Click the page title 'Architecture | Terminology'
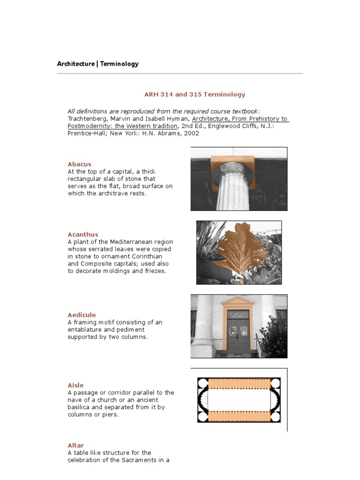(97, 64)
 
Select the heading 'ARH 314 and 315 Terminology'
(195, 94)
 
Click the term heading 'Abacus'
(79, 164)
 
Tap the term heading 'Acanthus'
(83, 234)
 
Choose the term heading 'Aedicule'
(82, 315)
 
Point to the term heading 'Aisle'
(75, 385)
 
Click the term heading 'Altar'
(75, 445)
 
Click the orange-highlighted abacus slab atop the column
(232, 165)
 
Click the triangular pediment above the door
(238, 301)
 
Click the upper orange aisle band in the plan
(239, 384)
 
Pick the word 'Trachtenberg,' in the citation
(87, 119)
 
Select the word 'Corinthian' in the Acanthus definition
(157, 256)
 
